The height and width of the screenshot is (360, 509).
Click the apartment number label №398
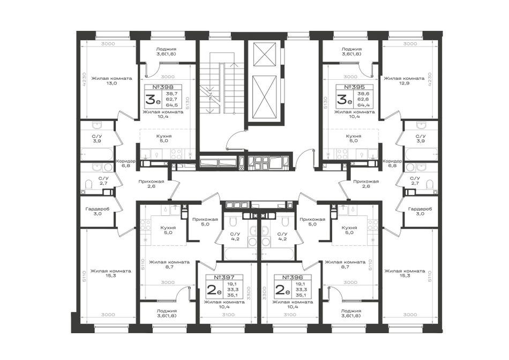[x=163, y=87]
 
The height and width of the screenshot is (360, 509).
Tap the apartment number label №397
[x=224, y=277]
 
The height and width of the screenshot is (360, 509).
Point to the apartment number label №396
[x=293, y=277]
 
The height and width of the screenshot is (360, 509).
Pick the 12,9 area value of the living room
[x=404, y=84]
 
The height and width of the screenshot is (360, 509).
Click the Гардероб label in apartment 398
[x=98, y=209]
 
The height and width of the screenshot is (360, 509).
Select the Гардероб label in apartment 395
[x=420, y=209]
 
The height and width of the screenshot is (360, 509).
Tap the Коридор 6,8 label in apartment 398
[x=125, y=163]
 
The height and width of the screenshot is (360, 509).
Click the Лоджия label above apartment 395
[x=351, y=49]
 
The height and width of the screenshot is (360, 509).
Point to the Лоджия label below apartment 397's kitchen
[x=166, y=311]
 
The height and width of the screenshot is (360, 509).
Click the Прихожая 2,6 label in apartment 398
[x=151, y=184]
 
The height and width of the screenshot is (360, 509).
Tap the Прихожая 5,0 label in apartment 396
[x=312, y=222]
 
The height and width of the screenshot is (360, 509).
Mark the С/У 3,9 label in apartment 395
[x=421, y=139]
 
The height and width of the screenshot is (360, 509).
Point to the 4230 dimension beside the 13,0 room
[x=84, y=79]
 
